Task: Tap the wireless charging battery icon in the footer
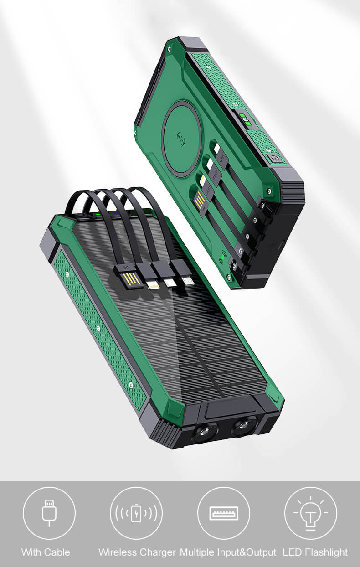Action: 136,513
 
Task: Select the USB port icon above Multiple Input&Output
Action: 224,513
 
